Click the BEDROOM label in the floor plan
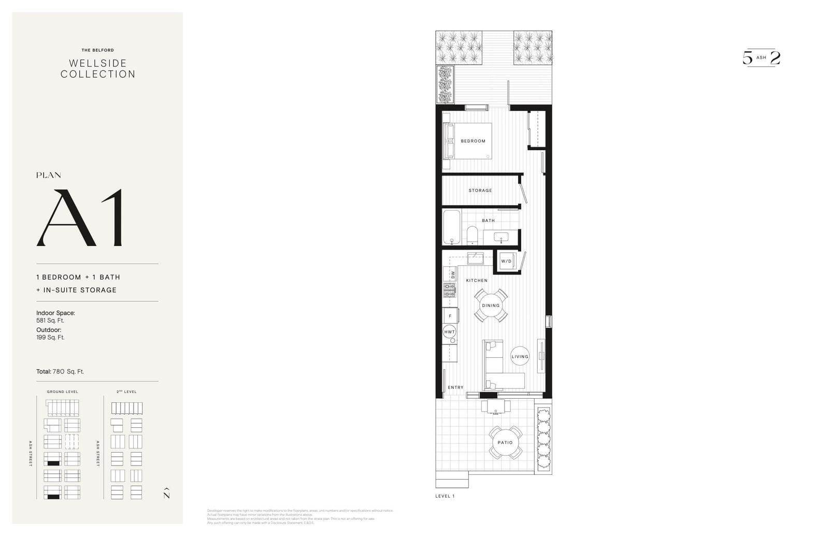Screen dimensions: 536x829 (473, 141)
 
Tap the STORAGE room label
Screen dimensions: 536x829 (480, 191)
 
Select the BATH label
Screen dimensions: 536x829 (488, 221)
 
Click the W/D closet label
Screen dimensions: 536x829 (506, 261)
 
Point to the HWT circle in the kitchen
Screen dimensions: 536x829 (449, 332)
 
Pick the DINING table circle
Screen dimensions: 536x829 (491, 306)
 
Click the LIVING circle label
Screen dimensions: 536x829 (520, 356)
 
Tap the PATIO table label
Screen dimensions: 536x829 (505, 443)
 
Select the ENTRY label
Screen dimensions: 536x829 (455, 387)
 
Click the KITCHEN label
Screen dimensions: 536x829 (477, 281)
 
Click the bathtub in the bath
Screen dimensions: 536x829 (451, 227)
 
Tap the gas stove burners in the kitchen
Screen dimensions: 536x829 (449, 290)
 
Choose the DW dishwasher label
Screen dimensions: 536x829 (453, 274)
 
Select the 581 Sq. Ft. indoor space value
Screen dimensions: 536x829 (50, 321)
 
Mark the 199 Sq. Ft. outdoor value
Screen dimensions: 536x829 (50, 338)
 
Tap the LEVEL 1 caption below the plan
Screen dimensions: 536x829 (445, 496)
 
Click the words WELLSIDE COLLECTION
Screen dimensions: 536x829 (98, 69)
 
